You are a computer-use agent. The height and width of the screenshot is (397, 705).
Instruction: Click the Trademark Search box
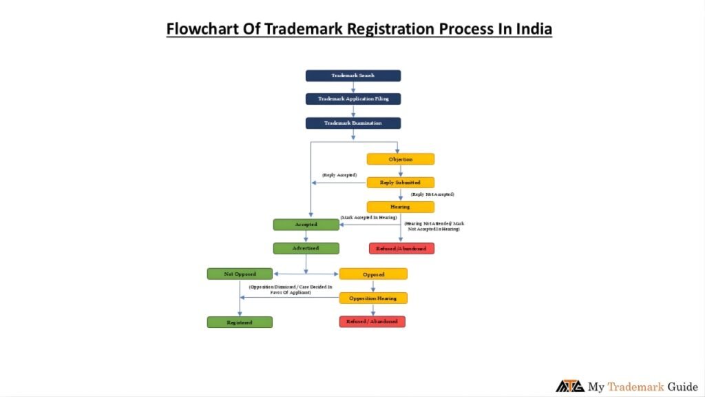click(x=352, y=76)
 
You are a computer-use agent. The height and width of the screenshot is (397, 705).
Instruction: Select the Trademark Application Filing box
click(x=352, y=99)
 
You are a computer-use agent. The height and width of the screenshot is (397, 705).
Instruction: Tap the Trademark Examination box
click(x=352, y=123)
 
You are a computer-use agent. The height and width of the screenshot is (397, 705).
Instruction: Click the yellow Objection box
click(x=400, y=159)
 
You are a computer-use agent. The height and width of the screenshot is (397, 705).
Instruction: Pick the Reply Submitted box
click(x=400, y=183)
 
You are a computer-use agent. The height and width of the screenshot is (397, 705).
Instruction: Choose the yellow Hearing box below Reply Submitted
click(x=400, y=207)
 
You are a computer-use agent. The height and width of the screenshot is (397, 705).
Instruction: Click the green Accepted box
click(x=306, y=225)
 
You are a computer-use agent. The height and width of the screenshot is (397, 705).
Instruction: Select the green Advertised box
click(x=306, y=248)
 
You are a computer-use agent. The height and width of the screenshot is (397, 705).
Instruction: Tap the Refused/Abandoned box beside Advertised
click(x=401, y=248)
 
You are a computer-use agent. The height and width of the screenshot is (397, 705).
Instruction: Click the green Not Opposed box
click(x=240, y=274)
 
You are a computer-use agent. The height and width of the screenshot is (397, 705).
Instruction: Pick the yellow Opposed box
click(x=372, y=274)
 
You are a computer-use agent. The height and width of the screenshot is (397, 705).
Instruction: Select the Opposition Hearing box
click(x=372, y=298)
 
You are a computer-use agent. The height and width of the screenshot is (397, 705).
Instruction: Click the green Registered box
click(x=240, y=322)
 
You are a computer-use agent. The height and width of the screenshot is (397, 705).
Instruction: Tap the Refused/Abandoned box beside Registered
click(x=372, y=322)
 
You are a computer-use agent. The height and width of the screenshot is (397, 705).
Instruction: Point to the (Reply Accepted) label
click(x=339, y=175)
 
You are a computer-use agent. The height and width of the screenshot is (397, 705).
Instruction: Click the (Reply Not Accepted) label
click(x=428, y=194)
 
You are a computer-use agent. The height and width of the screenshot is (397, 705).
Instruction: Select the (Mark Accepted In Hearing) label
click(x=369, y=218)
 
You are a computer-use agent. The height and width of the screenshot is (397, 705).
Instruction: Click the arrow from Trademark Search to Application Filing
click(x=353, y=88)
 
